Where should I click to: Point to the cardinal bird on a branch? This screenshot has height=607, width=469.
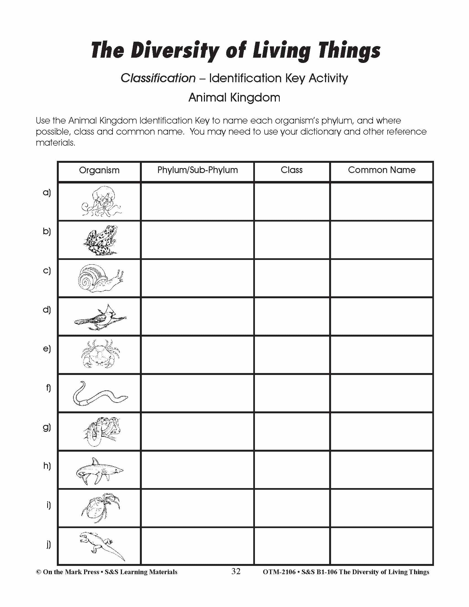point(100,318)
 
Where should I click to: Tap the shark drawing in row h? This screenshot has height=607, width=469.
point(100,471)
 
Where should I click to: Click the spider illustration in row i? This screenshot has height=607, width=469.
point(100,508)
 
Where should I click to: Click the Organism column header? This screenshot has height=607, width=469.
point(99,170)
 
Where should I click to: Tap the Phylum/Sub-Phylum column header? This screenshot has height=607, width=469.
point(198,170)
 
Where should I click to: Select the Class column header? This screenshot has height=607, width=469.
point(291,170)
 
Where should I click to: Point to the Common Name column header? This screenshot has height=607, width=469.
point(382,170)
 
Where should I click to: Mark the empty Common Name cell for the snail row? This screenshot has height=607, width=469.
point(382,278)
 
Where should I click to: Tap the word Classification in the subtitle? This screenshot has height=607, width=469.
point(158,78)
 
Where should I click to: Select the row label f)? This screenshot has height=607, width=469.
point(48,388)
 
